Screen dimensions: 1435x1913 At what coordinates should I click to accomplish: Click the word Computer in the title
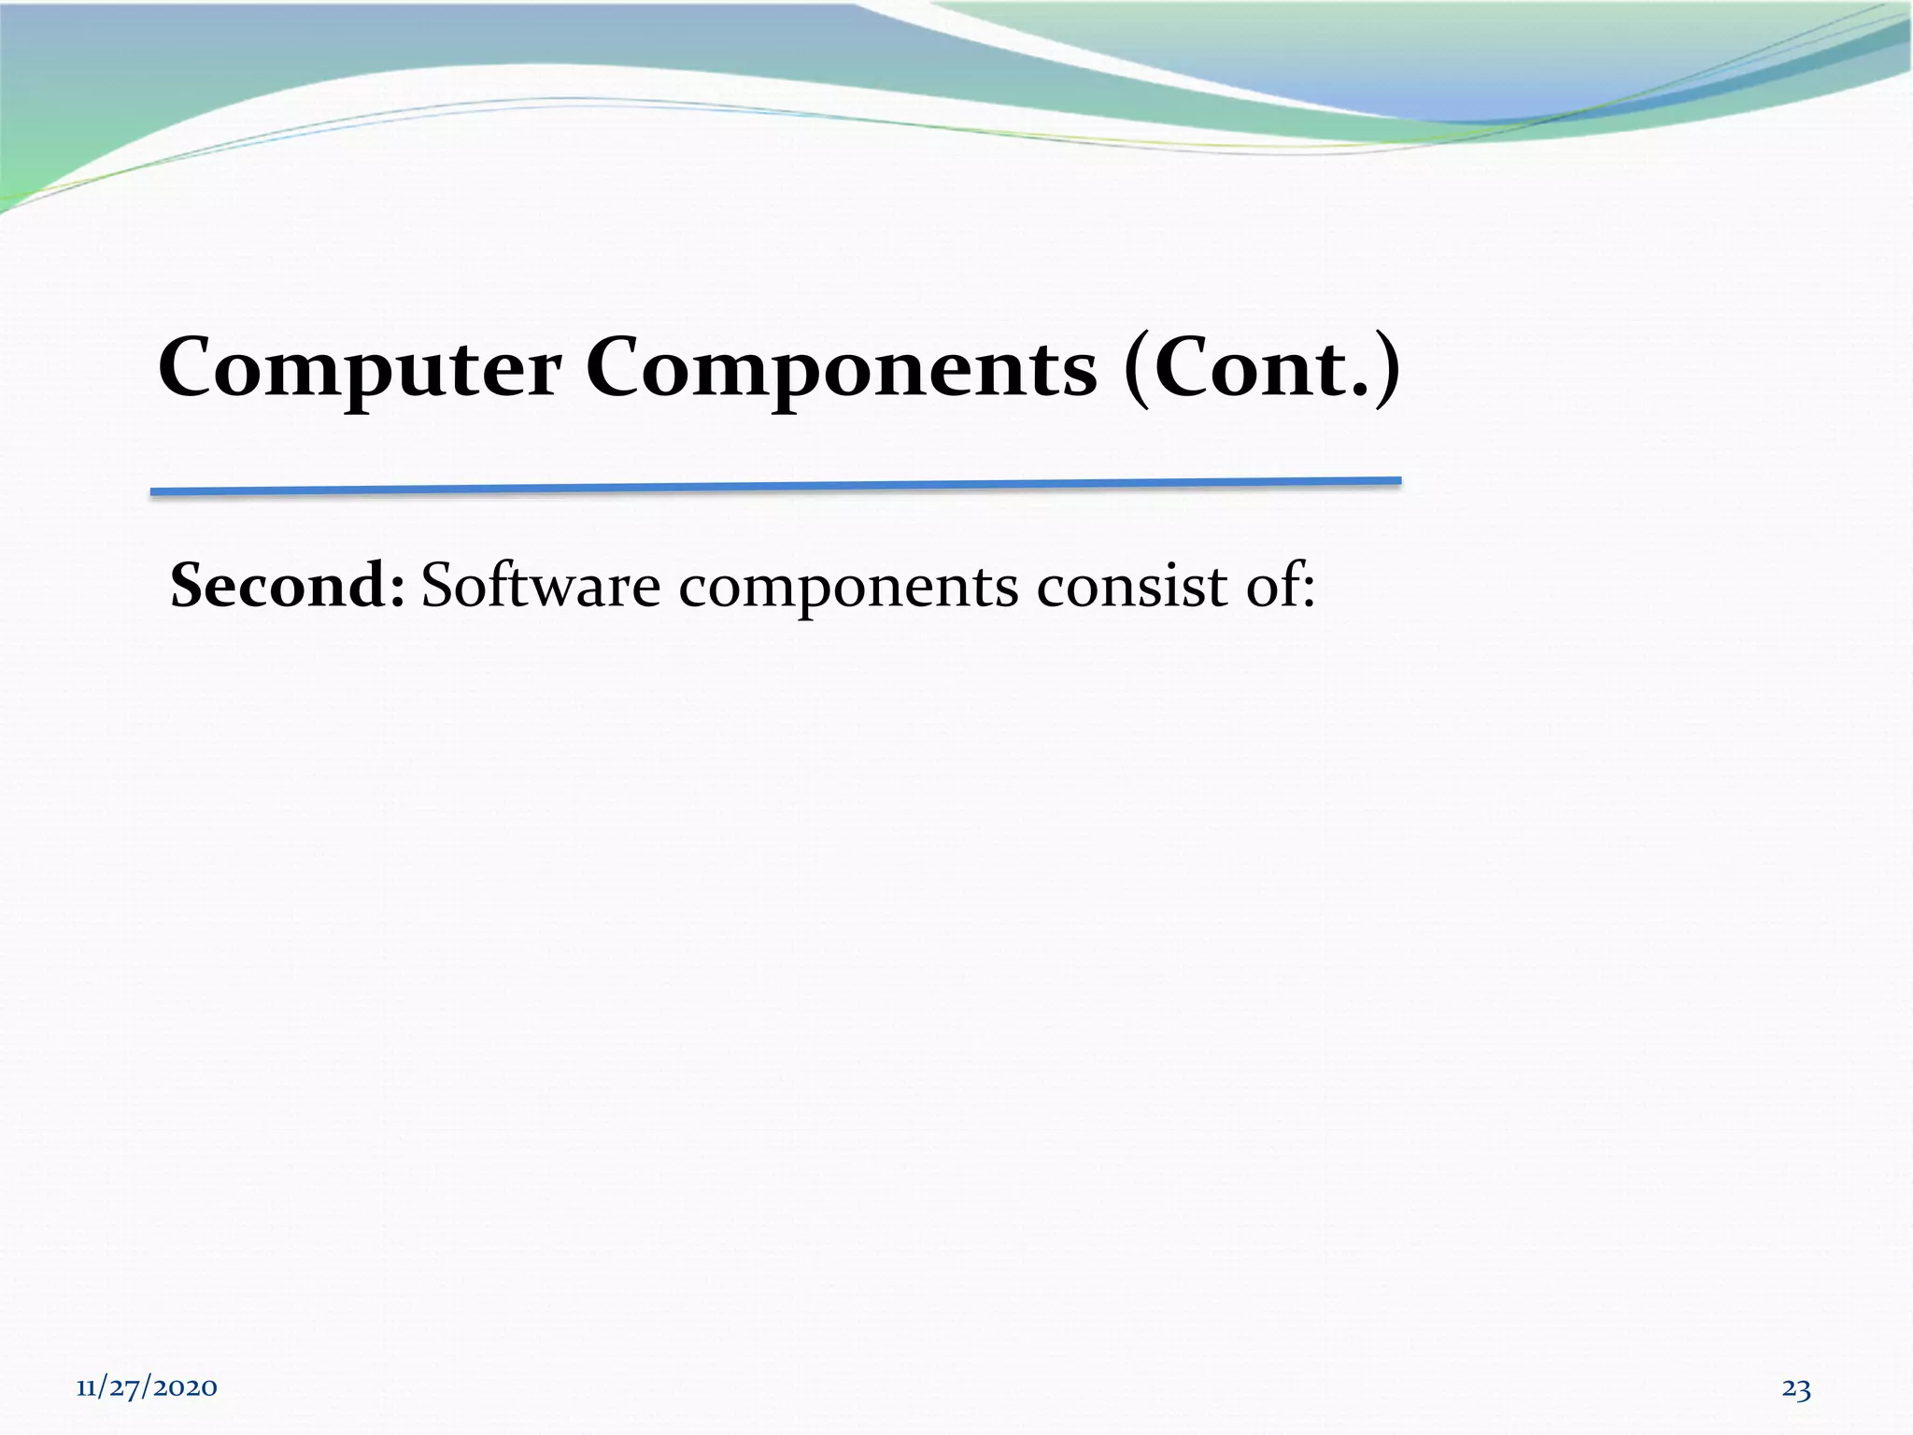click(359, 369)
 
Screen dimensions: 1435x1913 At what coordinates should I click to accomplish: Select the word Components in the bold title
click(841, 369)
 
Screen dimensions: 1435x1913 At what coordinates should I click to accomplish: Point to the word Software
click(540, 586)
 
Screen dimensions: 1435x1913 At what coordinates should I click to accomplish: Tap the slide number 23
click(1795, 1389)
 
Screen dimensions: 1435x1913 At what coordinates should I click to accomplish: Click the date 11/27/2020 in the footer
click(147, 1387)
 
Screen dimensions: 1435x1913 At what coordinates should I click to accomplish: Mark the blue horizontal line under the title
click(775, 486)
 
